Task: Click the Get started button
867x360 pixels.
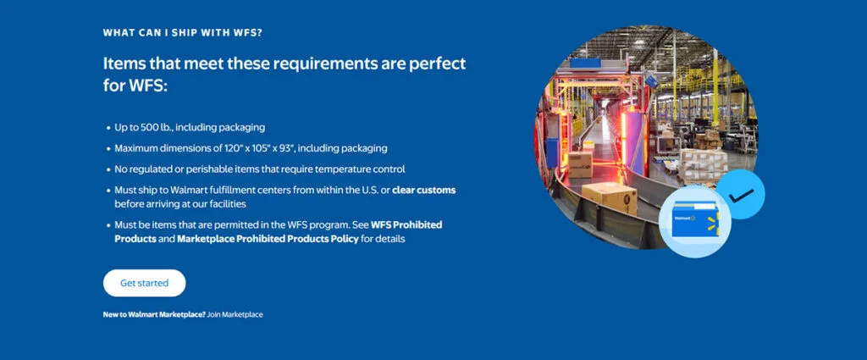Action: click(x=144, y=283)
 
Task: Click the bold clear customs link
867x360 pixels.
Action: click(x=423, y=190)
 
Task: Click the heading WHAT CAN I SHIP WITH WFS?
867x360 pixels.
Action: click(x=182, y=33)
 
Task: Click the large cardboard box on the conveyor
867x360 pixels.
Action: click(x=610, y=198)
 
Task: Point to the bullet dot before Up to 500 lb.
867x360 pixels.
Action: click(x=108, y=127)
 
